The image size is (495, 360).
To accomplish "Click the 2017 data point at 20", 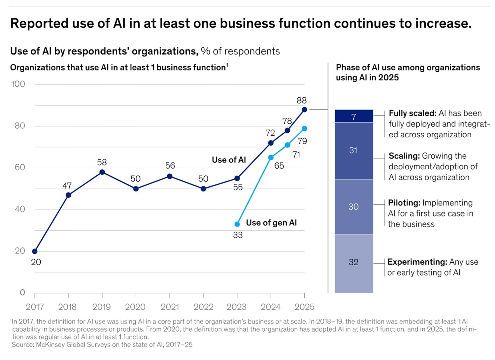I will pyautogui.click(x=35, y=251).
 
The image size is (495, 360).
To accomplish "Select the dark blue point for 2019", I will pyautogui.click(x=102, y=172).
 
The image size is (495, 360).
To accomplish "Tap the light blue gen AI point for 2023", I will pyautogui.click(x=237, y=224).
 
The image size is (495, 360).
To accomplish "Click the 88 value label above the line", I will pyautogui.click(x=302, y=100).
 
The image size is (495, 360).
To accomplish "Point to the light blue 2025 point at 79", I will pyautogui.click(x=304, y=128).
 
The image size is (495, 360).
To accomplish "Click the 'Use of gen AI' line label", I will pyautogui.click(x=271, y=223).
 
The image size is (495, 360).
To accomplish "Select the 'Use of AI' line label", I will pyautogui.click(x=229, y=160).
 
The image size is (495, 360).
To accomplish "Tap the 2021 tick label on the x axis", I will pyautogui.click(x=170, y=307).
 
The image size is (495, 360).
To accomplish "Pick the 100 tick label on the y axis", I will pyautogui.click(x=18, y=84).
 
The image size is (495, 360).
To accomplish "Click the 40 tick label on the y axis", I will pyautogui.click(x=20, y=209).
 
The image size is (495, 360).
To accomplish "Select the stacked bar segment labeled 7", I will pyautogui.click(x=354, y=116).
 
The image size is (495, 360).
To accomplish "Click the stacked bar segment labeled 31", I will pyautogui.click(x=354, y=150).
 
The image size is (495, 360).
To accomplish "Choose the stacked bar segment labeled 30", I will pyautogui.click(x=354, y=207).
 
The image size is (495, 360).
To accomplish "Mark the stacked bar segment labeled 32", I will pyautogui.click(x=354, y=262).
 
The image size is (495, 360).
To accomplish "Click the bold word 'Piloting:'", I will pyautogui.click(x=404, y=203).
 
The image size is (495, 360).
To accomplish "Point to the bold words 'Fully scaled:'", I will pyautogui.click(x=412, y=113).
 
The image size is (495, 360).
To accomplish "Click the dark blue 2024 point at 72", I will pyautogui.click(x=271, y=143).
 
